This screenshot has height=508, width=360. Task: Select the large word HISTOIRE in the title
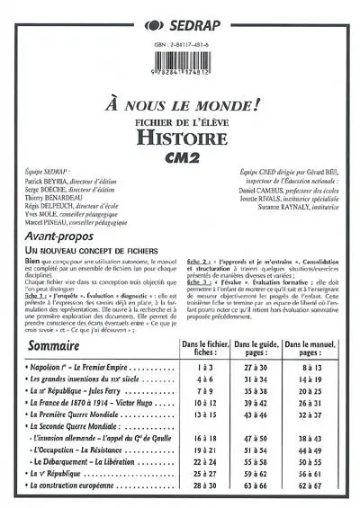click(180, 136)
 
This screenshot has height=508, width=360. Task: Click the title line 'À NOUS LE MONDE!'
click(180, 102)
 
